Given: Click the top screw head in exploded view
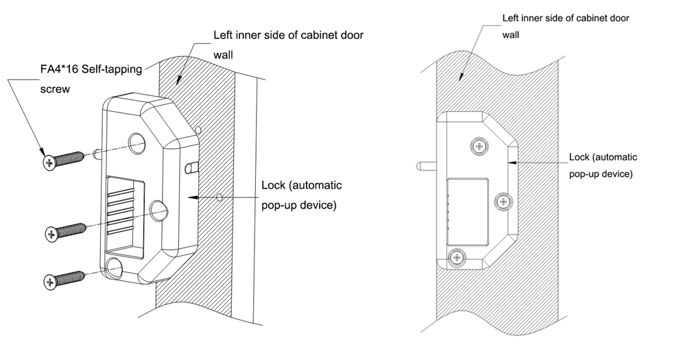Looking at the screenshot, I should point(49,163).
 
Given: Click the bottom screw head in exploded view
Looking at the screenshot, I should point(49,281).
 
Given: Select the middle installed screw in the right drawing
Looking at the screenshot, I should point(504,201).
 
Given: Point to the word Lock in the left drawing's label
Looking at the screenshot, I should point(274,187).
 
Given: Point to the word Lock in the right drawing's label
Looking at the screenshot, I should point(582,158).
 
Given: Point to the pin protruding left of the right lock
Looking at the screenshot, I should point(427,165).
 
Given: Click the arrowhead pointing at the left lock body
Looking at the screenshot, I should point(193,197).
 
